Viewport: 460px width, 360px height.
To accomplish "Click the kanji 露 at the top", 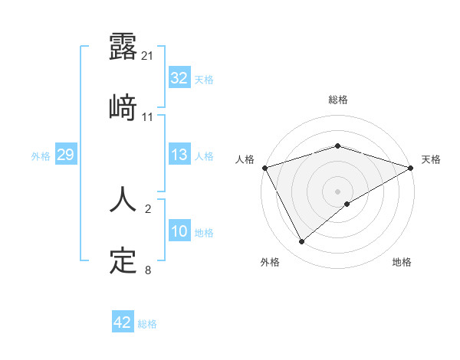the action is [123, 47].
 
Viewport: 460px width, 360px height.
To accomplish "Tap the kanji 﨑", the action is [123, 108].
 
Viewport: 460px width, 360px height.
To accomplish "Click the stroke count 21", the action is [148, 56].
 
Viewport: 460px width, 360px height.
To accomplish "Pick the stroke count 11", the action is [148, 117].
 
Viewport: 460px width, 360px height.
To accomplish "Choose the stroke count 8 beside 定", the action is [148, 270].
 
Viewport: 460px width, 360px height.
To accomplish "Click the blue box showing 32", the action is [179, 78].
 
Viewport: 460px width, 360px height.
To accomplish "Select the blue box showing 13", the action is [179, 155].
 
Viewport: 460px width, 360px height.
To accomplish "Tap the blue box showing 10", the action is [179, 231].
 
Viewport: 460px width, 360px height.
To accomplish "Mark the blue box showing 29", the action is [65, 155].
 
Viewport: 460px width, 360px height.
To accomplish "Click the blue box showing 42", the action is [123, 322].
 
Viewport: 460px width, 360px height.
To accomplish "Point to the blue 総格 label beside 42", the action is [147, 324].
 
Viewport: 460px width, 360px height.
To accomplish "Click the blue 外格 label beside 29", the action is [41, 155].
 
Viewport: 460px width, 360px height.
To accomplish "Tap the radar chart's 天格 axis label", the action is [431, 159].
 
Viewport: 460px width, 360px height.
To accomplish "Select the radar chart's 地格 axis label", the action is [402, 262].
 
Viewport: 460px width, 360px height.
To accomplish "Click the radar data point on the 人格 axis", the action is [264, 167].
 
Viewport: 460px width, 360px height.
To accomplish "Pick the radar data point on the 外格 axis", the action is [301, 241].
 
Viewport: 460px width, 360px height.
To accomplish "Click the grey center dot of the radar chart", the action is [337, 191].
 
